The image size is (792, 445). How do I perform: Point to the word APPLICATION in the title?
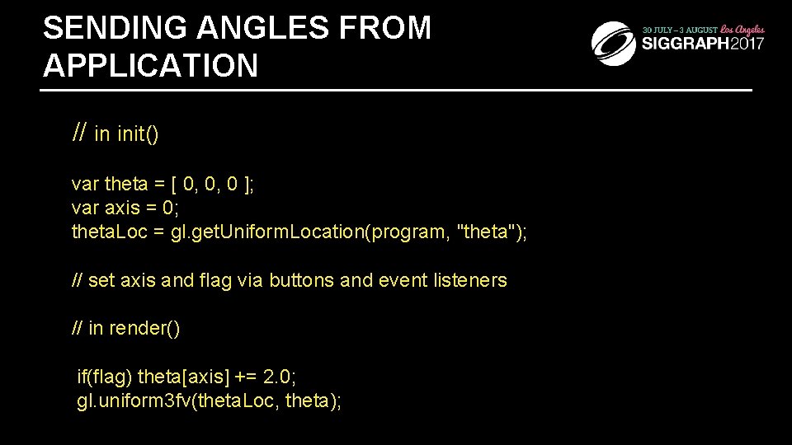tap(150, 66)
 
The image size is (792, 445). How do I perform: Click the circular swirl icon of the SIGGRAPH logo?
tap(614, 43)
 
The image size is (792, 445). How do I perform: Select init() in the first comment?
tap(138, 134)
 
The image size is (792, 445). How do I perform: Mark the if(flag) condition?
tap(104, 377)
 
